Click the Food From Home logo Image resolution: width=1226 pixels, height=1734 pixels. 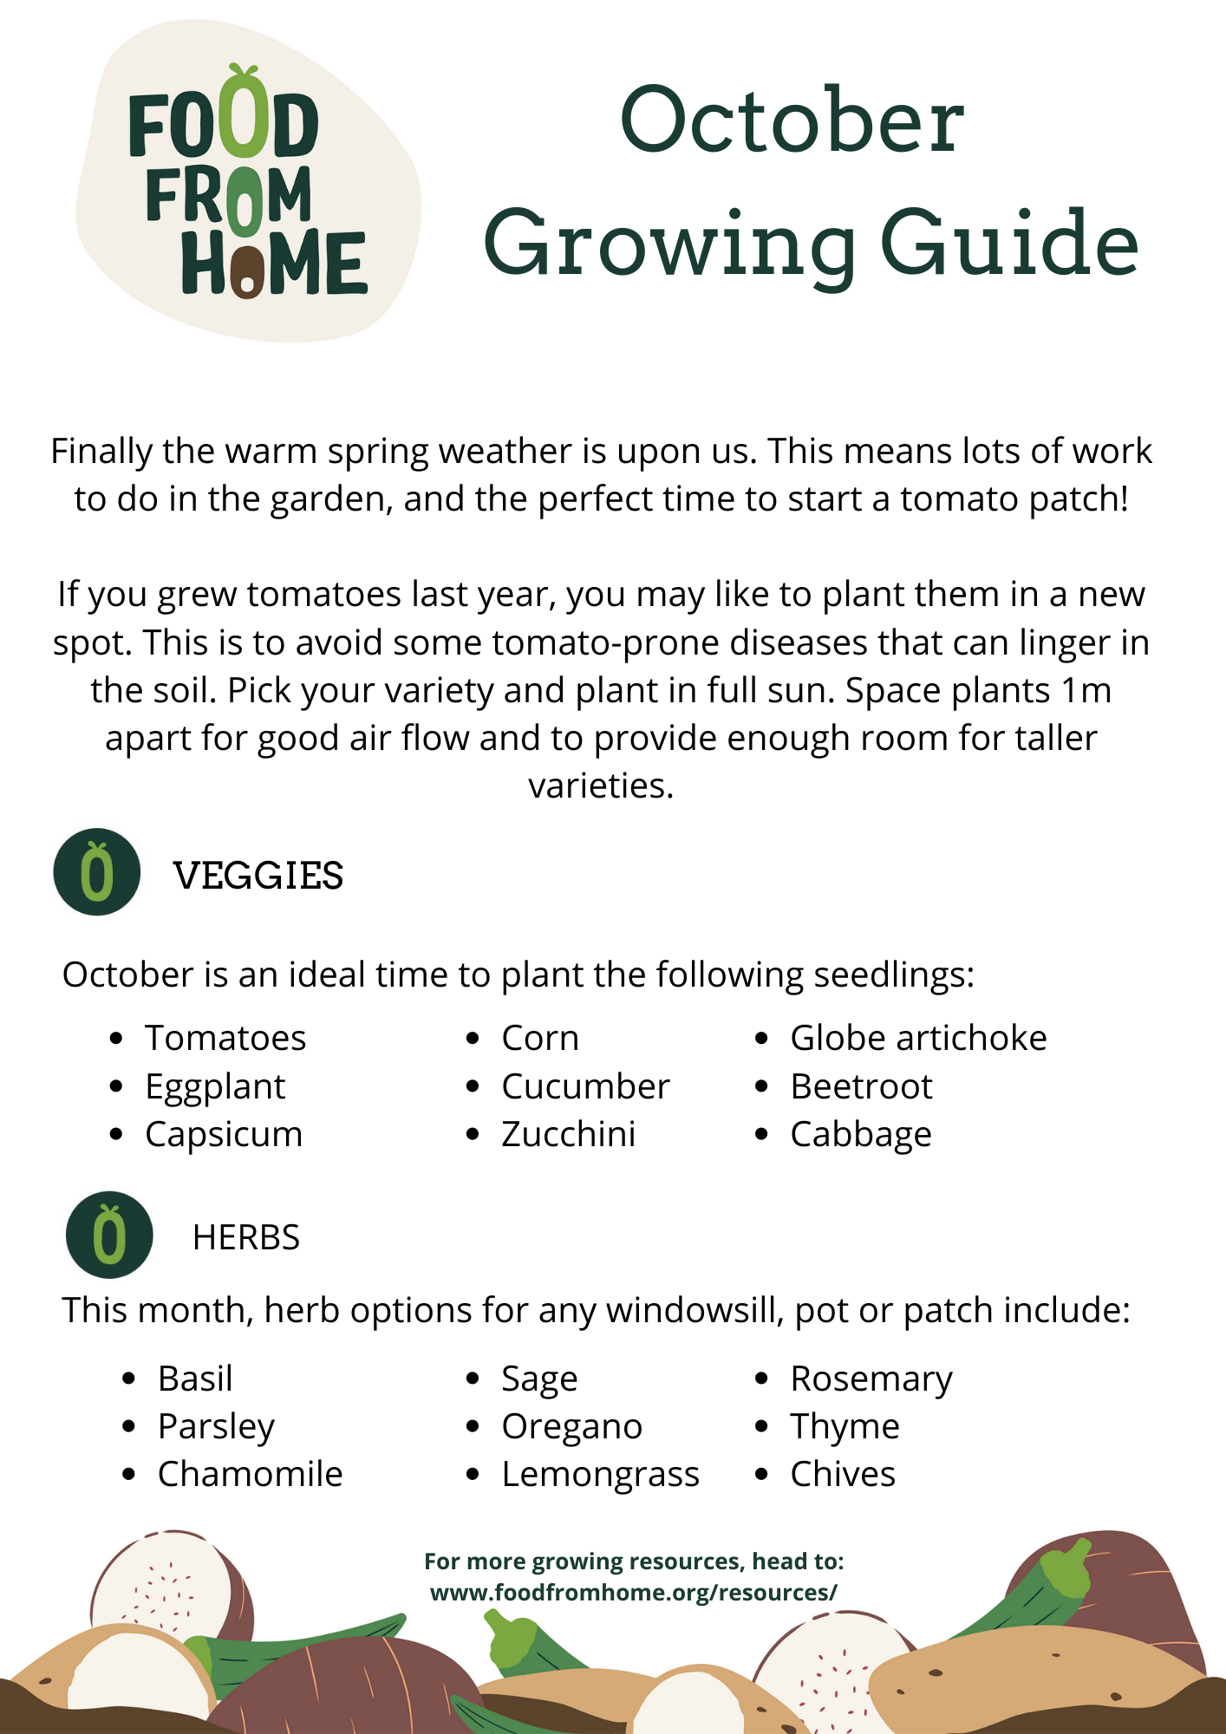248,182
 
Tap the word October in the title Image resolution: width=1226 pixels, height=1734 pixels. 792,121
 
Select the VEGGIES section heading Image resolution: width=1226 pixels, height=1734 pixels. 258,876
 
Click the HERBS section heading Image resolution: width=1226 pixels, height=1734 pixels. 246,1237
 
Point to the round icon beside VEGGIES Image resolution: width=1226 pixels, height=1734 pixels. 97,871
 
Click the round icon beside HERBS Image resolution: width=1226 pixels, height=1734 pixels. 109,1235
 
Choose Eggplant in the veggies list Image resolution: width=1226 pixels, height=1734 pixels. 215,1086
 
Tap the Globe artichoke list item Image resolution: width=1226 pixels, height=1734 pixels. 918,1038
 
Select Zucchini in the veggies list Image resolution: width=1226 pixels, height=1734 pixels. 569,1134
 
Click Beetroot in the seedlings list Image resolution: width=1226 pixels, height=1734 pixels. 861,1086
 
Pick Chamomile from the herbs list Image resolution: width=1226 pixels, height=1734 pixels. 250,1474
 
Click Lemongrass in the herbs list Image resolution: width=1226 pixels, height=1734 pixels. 600,1474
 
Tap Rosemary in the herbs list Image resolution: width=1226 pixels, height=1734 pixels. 871,1379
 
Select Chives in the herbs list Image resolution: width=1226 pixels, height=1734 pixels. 843,1474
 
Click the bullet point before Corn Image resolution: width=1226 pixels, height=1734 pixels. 473,1038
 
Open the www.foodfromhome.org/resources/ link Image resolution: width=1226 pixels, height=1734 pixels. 634,1593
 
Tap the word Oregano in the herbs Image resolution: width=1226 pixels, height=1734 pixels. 571,1426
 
